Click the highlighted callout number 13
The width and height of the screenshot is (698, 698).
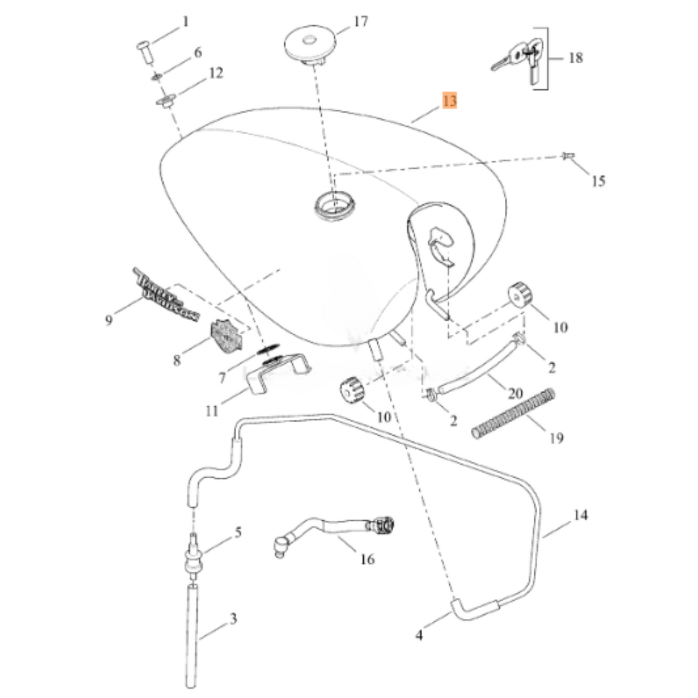click(449, 101)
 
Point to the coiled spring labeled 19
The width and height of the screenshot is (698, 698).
click(513, 413)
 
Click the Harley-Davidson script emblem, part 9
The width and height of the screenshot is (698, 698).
click(167, 295)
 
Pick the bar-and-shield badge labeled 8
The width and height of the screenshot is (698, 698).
click(226, 337)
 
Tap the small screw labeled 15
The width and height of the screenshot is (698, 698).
click(568, 156)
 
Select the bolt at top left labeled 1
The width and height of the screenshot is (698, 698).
click(143, 50)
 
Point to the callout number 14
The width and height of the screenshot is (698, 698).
click(580, 515)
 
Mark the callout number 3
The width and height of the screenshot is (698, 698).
click(233, 618)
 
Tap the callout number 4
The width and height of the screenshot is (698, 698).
click(419, 635)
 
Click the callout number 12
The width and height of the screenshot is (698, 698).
click(216, 73)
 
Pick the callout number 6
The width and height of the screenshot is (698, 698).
click(198, 52)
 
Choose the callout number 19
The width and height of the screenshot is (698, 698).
click(556, 438)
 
